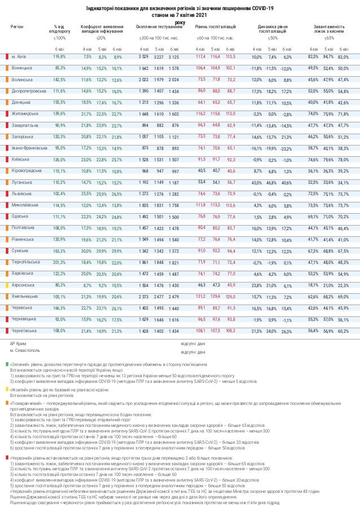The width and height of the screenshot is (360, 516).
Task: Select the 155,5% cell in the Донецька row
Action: pyautogui.click(x=59, y=103)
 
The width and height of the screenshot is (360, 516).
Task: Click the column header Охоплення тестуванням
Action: pyautogui.click(x=159, y=27)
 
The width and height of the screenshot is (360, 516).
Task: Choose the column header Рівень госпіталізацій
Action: pyautogui.click(x=216, y=27)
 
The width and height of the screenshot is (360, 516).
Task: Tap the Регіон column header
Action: pyautogui.click(x=17, y=27)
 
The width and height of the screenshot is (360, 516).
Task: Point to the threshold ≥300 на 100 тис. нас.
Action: pyautogui.click(x=159, y=38)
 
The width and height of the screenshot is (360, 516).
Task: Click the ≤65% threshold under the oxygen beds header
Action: pyautogui.click(x=329, y=38)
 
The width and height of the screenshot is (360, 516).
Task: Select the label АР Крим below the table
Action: pyautogui.click(x=20, y=342)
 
